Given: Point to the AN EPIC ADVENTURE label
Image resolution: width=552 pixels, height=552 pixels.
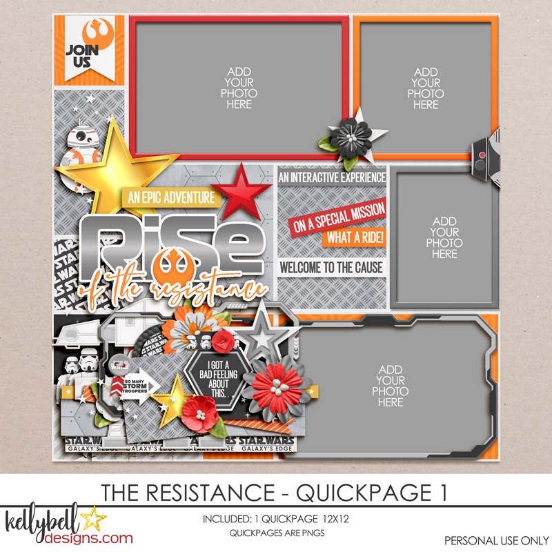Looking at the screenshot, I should (x=170, y=197).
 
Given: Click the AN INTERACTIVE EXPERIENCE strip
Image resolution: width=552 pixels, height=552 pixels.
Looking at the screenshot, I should (x=331, y=177).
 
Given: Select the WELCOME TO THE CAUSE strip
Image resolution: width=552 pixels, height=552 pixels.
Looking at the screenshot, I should (x=331, y=267).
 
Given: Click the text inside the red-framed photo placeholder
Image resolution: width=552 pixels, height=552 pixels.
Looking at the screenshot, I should (x=239, y=88).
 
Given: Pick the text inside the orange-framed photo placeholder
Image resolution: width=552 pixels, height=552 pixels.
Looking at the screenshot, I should (x=426, y=88).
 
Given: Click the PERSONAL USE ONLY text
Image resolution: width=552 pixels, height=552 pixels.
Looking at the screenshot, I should (x=493, y=539).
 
